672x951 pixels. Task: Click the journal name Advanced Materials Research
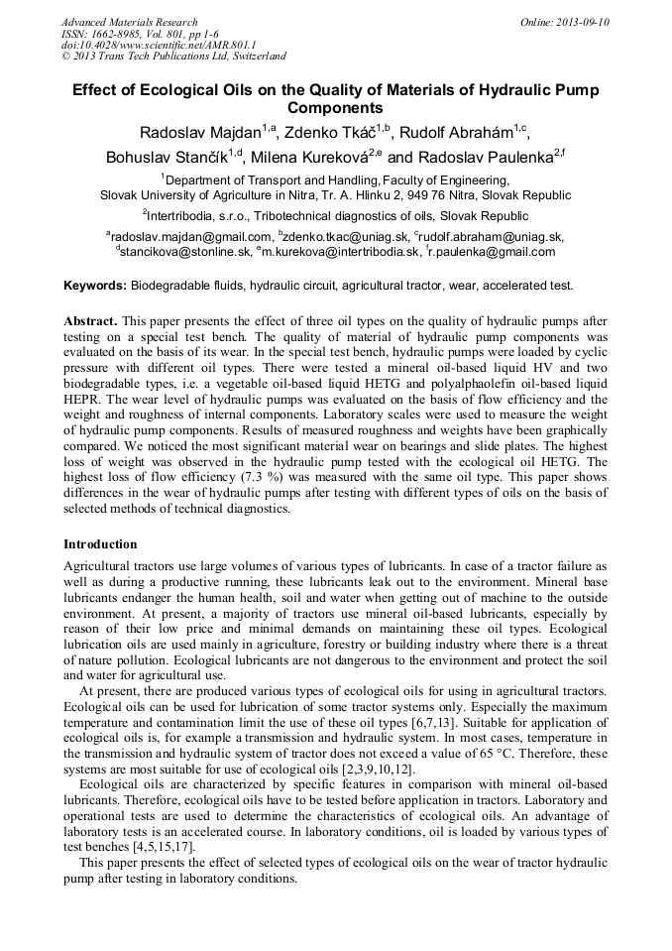[129, 22]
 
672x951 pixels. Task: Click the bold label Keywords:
[95, 286]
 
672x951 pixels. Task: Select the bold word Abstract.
[90, 322]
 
